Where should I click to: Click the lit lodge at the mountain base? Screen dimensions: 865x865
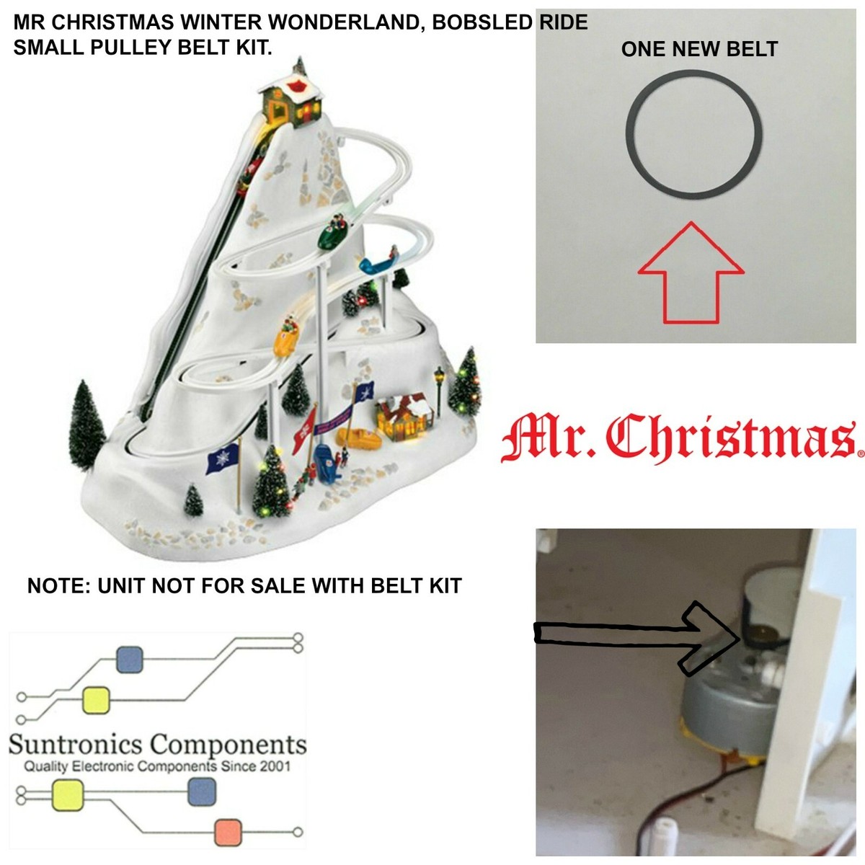[404, 417]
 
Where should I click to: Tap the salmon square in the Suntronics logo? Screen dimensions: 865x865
[228, 832]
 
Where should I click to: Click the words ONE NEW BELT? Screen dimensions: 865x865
[699, 49]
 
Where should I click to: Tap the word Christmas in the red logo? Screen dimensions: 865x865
[729, 436]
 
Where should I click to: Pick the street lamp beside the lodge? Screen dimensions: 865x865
[438, 389]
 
